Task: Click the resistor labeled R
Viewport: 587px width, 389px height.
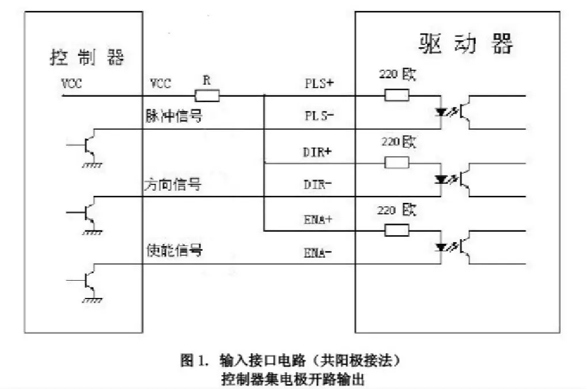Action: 207,96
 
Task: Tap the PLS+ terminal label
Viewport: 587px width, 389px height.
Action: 320,82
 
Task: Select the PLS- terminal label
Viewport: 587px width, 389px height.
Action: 320,115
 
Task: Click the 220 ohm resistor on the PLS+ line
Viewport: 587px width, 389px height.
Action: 396,95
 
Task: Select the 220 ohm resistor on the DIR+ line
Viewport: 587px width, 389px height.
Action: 396,163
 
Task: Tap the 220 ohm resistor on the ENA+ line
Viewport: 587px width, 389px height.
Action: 396,231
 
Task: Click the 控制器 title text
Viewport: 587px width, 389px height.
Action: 87,58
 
